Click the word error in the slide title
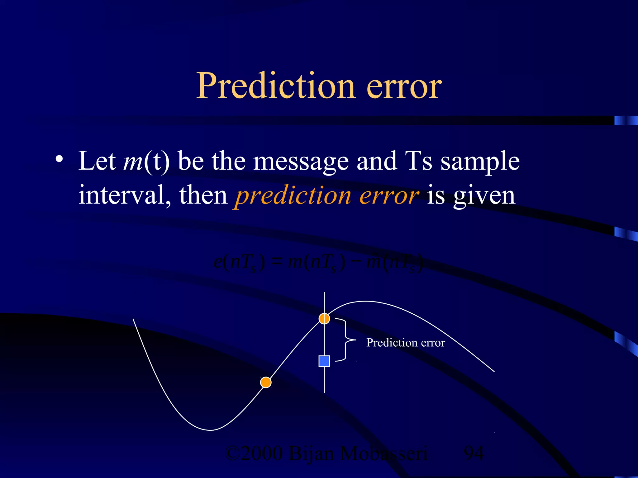point(404,86)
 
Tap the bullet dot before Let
point(59,159)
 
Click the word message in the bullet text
point(301,162)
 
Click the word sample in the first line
point(480,162)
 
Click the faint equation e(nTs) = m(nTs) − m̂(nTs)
point(318,263)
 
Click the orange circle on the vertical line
point(324,318)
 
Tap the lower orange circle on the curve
point(266,382)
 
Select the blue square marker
point(324,361)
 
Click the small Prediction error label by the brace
point(405,343)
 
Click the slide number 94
point(474,453)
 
